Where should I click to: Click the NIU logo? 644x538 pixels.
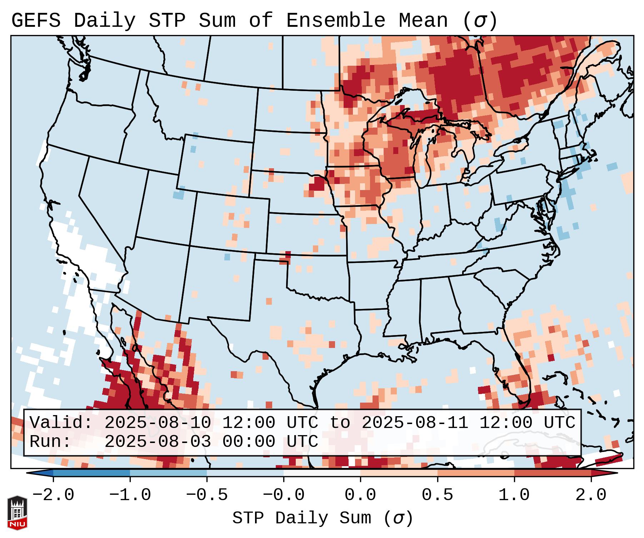tap(17, 513)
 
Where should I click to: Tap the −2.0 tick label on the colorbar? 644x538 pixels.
tap(53, 495)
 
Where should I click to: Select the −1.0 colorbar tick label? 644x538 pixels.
tap(130, 495)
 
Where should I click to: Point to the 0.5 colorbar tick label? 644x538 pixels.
tap(437, 495)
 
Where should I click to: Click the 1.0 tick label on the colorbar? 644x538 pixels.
tap(514, 495)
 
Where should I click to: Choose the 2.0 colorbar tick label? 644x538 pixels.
tap(591, 495)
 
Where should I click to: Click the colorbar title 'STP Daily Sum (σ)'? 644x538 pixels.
tap(323, 518)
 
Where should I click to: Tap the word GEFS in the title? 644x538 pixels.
tap(36, 21)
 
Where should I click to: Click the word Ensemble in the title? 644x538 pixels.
tap(335, 21)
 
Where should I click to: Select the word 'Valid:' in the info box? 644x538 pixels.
tap(61, 423)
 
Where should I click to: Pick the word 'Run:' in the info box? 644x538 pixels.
tap(50, 442)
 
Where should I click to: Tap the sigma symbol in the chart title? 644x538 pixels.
tap(480, 21)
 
